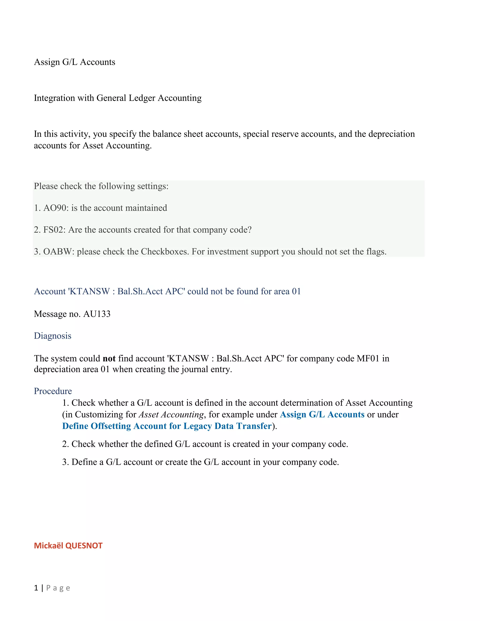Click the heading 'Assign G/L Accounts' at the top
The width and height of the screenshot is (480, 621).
click(x=75, y=62)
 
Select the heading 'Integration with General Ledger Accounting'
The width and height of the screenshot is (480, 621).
click(x=118, y=98)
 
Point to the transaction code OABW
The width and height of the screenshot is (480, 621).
click(x=59, y=252)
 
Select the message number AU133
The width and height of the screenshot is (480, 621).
click(x=97, y=314)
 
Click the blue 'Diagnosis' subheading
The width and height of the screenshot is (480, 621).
click(x=52, y=336)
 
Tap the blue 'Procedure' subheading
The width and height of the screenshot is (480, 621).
click(x=53, y=391)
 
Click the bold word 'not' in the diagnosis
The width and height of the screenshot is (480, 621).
click(x=109, y=358)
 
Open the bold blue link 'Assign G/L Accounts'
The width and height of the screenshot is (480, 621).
click(x=322, y=415)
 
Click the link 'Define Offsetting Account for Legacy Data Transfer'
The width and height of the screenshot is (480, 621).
click(x=167, y=426)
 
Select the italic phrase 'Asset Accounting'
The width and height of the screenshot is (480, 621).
click(x=171, y=415)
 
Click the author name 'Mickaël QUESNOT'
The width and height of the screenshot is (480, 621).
click(x=68, y=546)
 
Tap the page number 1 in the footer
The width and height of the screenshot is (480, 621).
click(x=36, y=588)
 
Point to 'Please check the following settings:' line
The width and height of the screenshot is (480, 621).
click(x=101, y=186)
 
